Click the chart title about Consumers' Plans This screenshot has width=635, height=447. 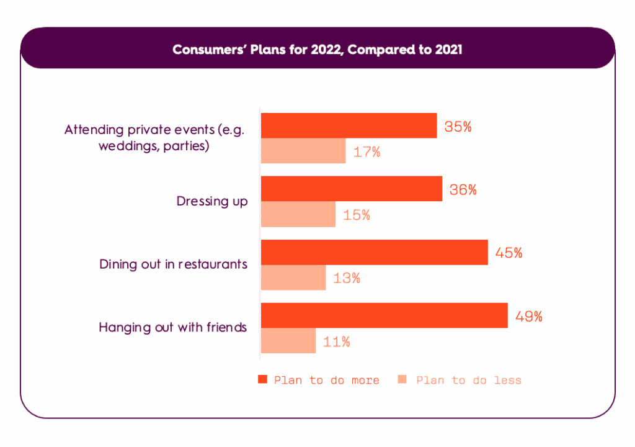[x=317, y=50]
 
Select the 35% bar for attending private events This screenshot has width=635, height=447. [x=349, y=125]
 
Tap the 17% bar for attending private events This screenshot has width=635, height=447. [x=303, y=151]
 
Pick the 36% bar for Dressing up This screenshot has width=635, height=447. [x=351, y=189]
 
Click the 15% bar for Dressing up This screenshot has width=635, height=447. [x=298, y=214]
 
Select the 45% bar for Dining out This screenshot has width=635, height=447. [x=374, y=252]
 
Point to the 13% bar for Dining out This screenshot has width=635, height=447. [x=293, y=278]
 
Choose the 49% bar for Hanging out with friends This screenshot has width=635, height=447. [x=384, y=315]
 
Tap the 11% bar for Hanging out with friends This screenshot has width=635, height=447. [x=288, y=341]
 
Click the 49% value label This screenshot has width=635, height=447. [x=529, y=316]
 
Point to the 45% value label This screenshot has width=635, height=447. [x=509, y=253]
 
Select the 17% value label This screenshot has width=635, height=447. [x=366, y=151]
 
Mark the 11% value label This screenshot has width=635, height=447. [x=337, y=341]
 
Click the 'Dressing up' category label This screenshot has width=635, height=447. [x=212, y=201]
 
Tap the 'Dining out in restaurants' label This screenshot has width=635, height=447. [x=174, y=264]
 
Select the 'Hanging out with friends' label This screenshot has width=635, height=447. [x=173, y=327]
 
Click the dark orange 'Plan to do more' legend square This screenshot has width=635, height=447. [x=262, y=379]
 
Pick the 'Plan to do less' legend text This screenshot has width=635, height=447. [x=469, y=380]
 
